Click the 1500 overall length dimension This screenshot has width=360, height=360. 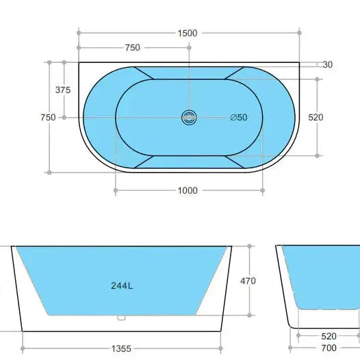[188, 33]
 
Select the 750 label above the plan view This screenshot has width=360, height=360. [133, 47]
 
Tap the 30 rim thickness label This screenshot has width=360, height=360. [327, 65]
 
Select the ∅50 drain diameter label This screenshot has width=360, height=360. [239, 117]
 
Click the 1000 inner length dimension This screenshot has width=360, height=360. [188, 190]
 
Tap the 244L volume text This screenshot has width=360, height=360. [120, 286]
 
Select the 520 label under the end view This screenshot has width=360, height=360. [329, 335]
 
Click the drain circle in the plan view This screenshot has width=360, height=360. [189, 118]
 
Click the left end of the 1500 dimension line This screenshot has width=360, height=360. [79, 33]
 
